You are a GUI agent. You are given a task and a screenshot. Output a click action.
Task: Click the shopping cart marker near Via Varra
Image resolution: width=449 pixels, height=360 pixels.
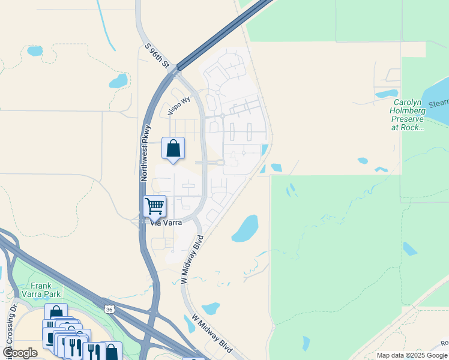click(155, 207)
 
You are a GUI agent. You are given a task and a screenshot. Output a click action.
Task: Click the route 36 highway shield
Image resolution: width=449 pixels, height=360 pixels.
click(109, 309)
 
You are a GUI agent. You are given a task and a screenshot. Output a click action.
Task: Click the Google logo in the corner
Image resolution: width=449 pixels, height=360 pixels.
click(20, 353)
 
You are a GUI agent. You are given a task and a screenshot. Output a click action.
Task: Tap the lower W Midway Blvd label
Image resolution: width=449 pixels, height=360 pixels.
click(212, 333)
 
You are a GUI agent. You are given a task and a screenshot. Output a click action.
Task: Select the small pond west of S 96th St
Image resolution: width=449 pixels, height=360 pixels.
click(118, 81)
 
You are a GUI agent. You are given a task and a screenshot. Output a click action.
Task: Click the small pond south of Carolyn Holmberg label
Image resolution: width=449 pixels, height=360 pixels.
click(363, 161)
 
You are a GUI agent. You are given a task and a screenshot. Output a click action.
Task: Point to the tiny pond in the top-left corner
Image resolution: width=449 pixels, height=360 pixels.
click(35, 51)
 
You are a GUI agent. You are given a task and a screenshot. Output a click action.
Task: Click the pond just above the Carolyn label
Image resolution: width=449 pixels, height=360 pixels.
click(386, 94)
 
